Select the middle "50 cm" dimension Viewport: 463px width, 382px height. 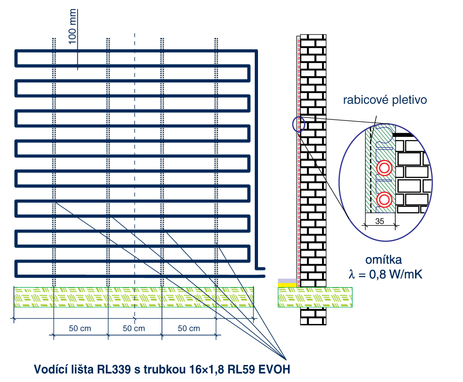pos(134,329)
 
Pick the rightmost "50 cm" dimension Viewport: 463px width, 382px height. pos(189,329)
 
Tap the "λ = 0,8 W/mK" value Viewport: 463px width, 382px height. pos(385,275)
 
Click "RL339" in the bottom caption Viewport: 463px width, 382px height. pos(112,370)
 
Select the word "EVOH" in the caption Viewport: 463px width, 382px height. pos(275,370)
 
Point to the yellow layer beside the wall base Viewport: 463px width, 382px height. pos(287,284)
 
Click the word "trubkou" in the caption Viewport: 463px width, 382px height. pos(159,370)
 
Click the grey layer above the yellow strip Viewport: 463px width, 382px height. pos(287,280)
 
